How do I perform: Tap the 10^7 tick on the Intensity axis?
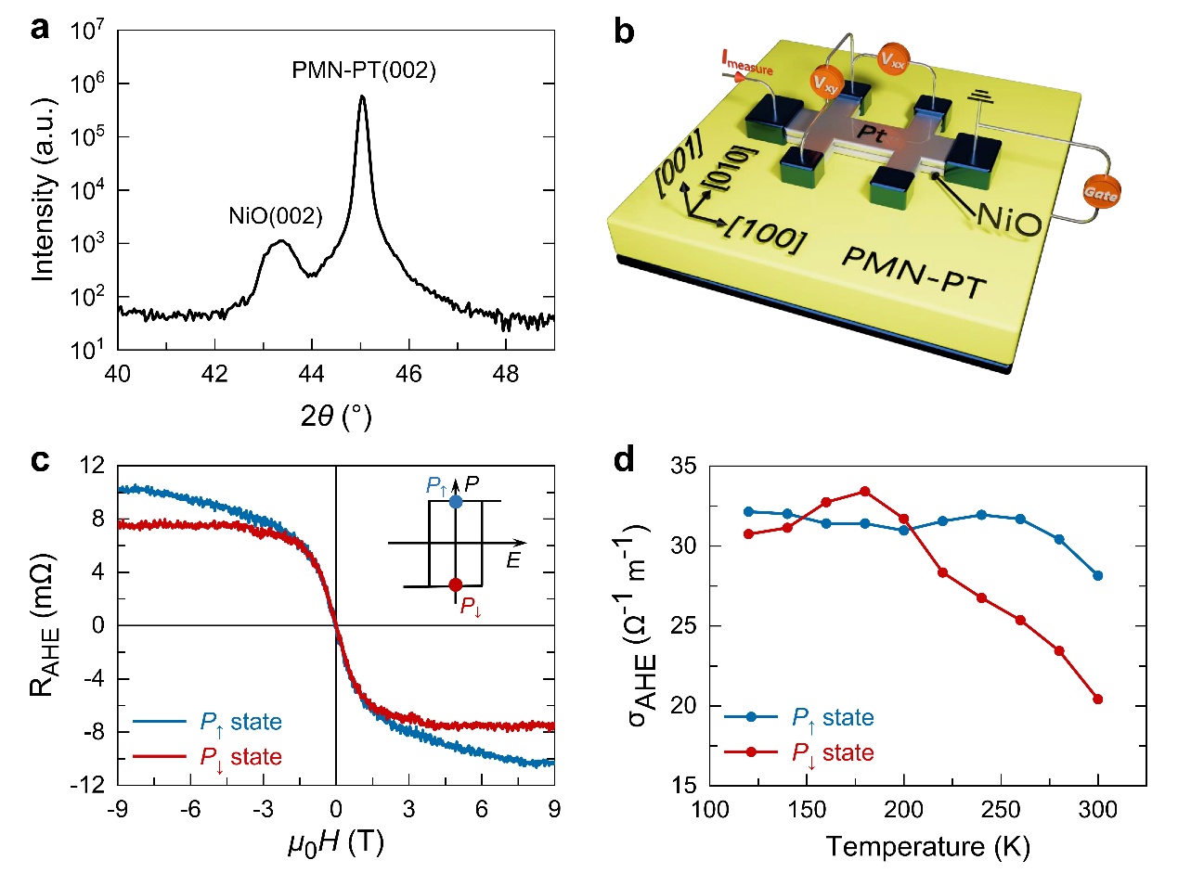point(92,31)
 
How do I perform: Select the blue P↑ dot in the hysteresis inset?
point(456,501)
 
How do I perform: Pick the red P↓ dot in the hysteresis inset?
point(456,584)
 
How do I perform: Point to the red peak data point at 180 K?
point(864,491)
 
